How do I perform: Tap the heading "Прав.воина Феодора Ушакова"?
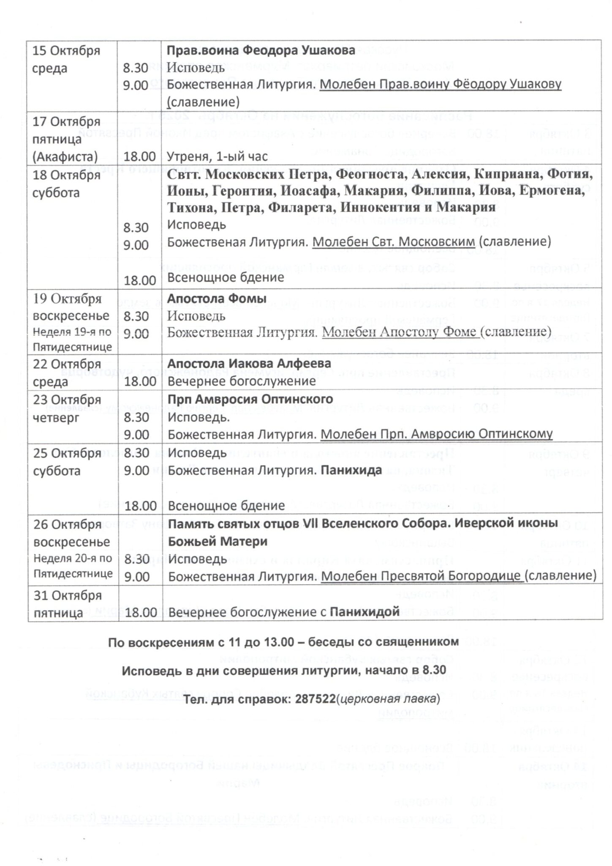tap(261, 50)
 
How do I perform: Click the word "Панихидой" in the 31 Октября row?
tap(364, 611)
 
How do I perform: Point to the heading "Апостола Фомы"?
tap(217, 298)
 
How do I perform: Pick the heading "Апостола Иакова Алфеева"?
tap(249, 363)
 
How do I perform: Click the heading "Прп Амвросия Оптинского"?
tap(250, 399)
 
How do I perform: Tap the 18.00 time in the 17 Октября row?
tap(140, 156)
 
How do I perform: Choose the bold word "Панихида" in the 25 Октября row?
tap(351, 470)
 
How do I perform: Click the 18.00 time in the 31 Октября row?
tap(140, 612)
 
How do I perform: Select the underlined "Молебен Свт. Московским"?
tap(394, 241)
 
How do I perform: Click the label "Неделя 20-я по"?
tap(73, 558)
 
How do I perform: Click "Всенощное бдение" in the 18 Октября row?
tap(226, 277)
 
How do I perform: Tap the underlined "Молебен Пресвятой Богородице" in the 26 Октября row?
tap(421, 576)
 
